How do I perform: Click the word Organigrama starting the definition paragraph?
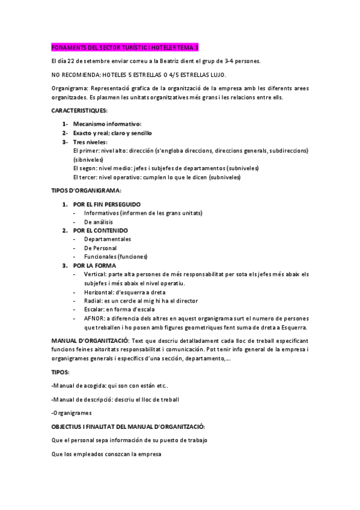coord(69,88)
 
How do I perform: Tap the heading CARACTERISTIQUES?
coord(79,111)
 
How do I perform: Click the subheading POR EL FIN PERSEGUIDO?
coord(107,204)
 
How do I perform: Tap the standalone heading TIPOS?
coord(61,372)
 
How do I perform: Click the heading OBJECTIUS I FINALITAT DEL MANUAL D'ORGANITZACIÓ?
coord(129,426)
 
